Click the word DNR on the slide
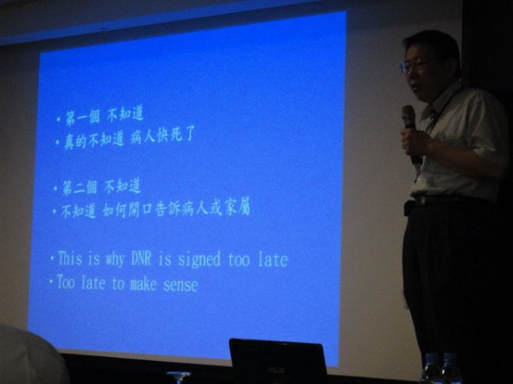tap(141, 259)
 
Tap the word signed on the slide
tap(199, 260)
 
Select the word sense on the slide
tap(180, 285)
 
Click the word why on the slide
tap(115, 260)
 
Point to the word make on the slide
tap(144, 284)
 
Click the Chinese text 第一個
tap(82, 117)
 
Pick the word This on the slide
tap(70, 258)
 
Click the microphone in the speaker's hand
tap(411, 132)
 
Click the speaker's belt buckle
tap(422, 201)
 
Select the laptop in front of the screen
tap(278, 361)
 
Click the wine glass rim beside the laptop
tap(179, 374)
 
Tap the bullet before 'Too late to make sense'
tap(51, 282)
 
